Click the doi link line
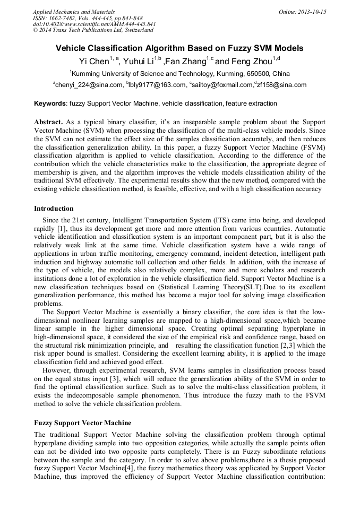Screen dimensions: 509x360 (x=94, y=24)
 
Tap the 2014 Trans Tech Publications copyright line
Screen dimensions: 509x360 (x=93, y=30)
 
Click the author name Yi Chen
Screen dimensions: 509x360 (x=94, y=62)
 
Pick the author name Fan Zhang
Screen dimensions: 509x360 (x=186, y=62)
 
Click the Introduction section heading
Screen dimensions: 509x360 (x=54, y=209)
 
